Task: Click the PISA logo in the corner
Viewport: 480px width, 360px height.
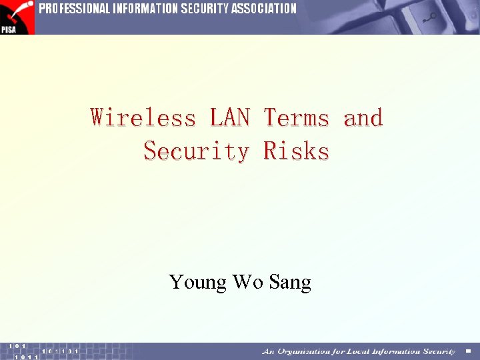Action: (17, 17)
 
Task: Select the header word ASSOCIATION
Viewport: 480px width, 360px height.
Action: (263, 9)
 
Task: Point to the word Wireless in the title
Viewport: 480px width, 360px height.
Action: (143, 118)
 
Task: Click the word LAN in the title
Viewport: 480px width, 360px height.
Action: (229, 118)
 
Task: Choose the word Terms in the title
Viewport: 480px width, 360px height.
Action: (296, 118)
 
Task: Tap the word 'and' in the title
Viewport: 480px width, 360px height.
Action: (363, 118)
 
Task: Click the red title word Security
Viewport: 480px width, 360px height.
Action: (196, 151)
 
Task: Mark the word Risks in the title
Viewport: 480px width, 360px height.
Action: (296, 151)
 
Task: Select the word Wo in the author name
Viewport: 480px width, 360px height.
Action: (247, 282)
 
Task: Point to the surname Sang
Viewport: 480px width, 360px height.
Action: (290, 283)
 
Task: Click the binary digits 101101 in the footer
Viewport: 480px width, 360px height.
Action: (60, 351)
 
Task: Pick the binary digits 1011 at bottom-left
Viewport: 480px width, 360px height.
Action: (26, 357)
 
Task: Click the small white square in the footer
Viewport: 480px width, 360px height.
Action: (468, 351)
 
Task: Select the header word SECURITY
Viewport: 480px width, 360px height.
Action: (205, 9)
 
